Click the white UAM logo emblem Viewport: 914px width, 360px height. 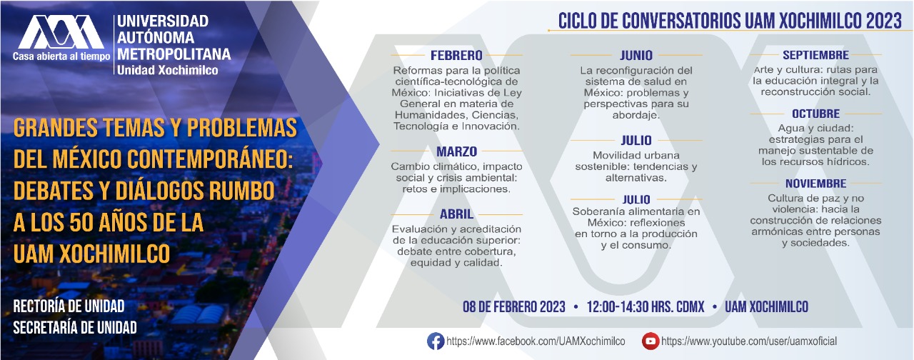click(x=61, y=32)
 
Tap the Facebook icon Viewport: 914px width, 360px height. click(x=436, y=341)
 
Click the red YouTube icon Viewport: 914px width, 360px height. click(x=651, y=341)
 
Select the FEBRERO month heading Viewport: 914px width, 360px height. click(x=456, y=55)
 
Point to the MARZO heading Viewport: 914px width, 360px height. click(x=456, y=151)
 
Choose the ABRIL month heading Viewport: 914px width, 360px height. click(x=456, y=214)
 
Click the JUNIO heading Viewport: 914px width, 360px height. click(x=636, y=55)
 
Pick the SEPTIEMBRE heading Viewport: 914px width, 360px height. click(x=815, y=55)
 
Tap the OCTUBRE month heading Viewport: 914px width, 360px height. click(x=815, y=114)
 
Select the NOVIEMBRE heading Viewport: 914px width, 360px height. click(x=815, y=184)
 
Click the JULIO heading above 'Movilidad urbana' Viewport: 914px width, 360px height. click(x=636, y=141)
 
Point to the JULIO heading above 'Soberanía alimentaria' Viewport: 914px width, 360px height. click(x=636, y=199)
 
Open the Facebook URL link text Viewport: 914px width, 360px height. click(x=536, y=341)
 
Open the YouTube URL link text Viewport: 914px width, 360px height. click(x=749, y=341)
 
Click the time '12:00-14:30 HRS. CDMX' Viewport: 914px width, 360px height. click(x=646, y=307)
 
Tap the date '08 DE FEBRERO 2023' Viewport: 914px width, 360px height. click(x=513, y=307)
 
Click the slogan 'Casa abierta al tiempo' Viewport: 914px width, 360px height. click(x=61, y=56)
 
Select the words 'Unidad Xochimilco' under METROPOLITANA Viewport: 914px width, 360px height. click(x=167, y=70)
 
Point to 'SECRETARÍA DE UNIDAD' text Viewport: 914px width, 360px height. click(x=75, y=328)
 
